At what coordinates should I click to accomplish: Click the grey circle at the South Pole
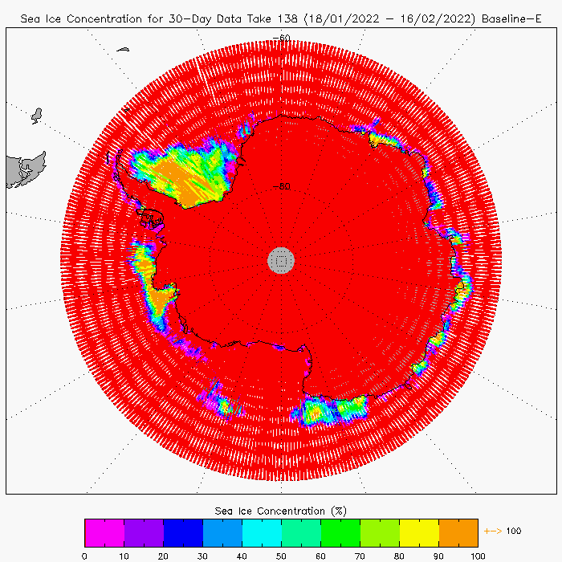(281, 259)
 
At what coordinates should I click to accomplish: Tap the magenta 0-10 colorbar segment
(104, 532)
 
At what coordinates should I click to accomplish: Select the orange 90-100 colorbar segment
(458, 532)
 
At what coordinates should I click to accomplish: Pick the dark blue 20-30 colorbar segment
(183, 532)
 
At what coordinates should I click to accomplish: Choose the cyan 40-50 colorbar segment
(262, 532)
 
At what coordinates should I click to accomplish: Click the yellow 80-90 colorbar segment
(419, 532)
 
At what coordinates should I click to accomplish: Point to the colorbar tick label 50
(281, 555)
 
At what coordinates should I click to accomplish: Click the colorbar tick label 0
(84, 555)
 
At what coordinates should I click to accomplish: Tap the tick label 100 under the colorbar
(478, 555)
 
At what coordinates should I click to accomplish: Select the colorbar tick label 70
(360, 555)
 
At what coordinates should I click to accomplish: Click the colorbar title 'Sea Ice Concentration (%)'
(281, 511)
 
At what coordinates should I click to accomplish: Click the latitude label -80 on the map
(281, 187)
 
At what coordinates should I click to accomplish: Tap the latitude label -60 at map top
(281, 38)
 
